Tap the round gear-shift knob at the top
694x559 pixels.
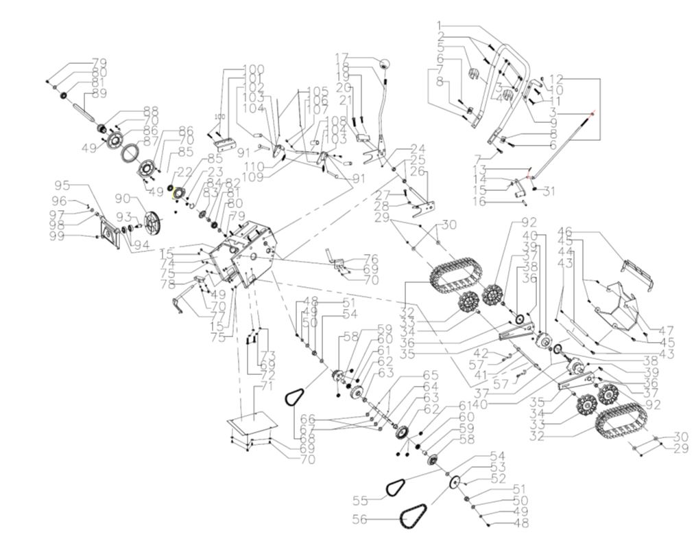[x=385, y=65]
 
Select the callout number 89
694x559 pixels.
[x=99, y=93]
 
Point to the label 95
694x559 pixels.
[x=62, y=185]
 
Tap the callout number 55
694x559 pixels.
[x=361, y=499]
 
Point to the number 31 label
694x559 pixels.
[x=549, y=192]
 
